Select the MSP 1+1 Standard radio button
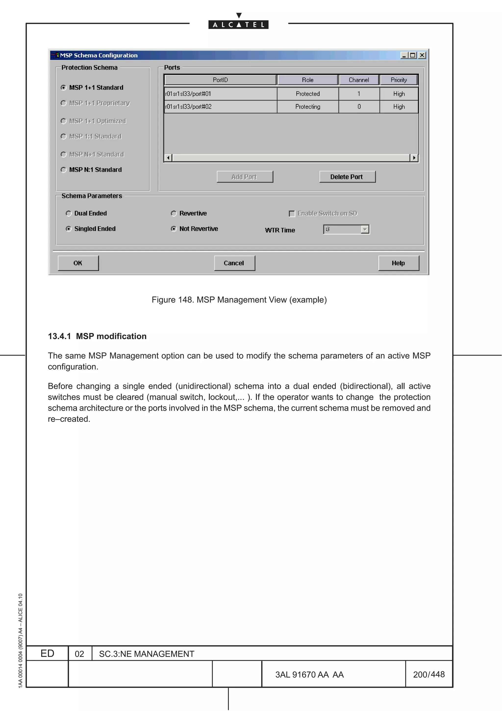pos(64,88)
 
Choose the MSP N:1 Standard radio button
pos(64,170)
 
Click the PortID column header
pos(220,80)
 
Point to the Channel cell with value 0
pos(359,106)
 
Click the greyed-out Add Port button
pos(245,177)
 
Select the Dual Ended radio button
pos(69,213)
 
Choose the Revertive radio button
pos(174,213)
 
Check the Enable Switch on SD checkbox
pos(292,214)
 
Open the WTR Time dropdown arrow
pos(365,229)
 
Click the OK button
pos(78,263)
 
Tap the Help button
pos(398,263)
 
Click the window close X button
pos(422,55)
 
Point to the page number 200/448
pos(429,674)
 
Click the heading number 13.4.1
pos(59,336)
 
